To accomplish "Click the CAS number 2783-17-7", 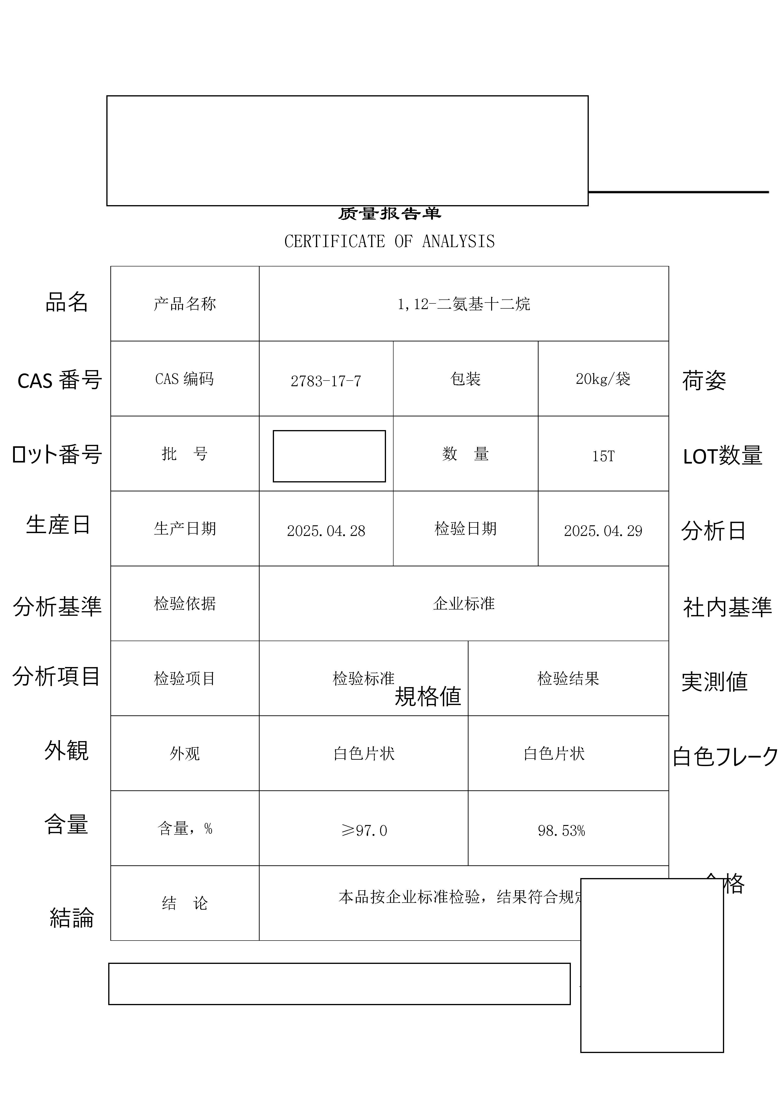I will (x=326, y=381).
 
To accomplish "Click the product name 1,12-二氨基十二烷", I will (x=464, y=304).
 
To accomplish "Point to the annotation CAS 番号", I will (x=60, y=381).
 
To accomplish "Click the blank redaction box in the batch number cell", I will (x=329, y=456).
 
